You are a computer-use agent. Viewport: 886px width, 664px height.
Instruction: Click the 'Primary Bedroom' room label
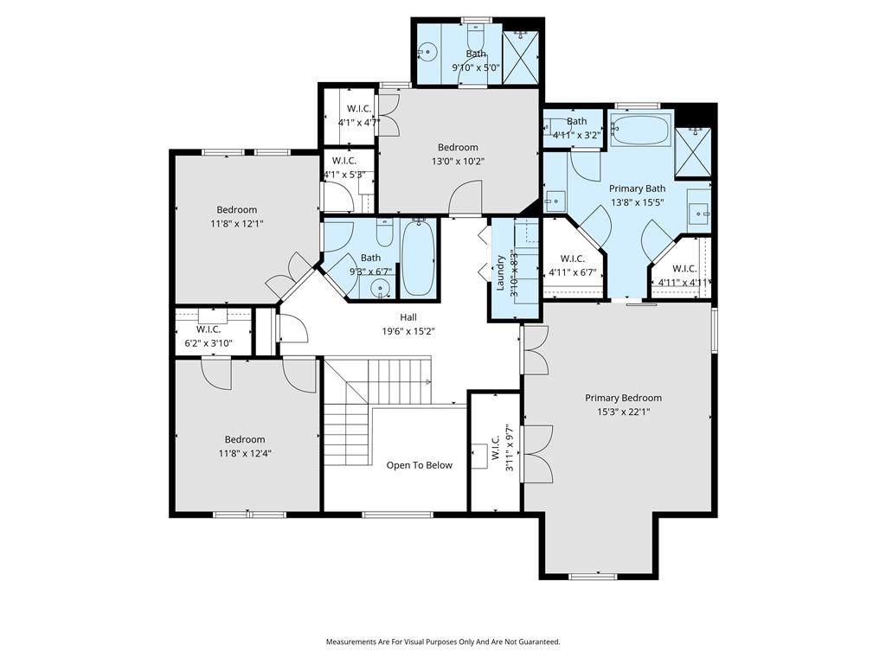(x=623, y=398)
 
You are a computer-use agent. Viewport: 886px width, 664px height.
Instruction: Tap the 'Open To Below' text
(x=420, y=465)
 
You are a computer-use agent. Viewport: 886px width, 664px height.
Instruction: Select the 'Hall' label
(x=408, y=317)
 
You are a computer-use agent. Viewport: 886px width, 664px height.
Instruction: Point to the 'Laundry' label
(x=500, y=273)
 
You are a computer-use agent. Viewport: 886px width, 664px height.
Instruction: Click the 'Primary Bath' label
(x=637, y=188)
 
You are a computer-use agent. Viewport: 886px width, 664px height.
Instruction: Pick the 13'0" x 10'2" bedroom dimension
(x=459, y=162)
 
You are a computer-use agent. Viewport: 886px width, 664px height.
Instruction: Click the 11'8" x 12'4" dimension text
(x=245, y=453)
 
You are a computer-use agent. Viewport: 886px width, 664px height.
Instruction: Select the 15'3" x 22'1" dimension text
(x=623, y=412)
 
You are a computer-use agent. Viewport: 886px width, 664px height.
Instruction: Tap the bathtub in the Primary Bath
(x=641, y=130)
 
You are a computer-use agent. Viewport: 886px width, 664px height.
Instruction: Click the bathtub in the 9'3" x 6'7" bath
(x=419, y=258)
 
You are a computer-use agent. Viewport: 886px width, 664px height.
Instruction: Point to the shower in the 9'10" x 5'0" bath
(x=520, y=57)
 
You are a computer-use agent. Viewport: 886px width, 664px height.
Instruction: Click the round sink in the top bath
(x=428, y=53)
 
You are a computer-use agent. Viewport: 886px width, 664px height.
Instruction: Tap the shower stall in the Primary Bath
(x=693, y=152)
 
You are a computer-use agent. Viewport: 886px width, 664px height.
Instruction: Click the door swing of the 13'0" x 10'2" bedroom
(x=465, y=198)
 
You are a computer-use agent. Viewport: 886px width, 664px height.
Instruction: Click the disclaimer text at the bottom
(x=443, y=642)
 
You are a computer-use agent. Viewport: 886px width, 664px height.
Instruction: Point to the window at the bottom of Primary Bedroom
(x=593, y=577)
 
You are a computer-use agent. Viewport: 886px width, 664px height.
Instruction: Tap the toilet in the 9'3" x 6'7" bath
(x=385, y=233)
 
